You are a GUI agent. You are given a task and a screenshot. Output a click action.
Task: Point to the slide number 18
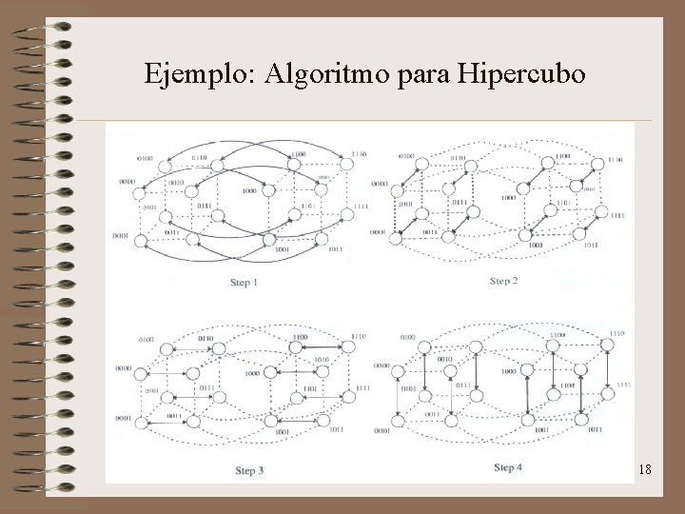click(643, 470)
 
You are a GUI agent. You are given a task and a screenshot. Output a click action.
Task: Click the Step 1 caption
click(245, 283)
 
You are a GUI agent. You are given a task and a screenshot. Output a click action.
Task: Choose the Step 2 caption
click(503, 281)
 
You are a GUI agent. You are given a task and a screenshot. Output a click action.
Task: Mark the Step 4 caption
click(507, 467)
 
